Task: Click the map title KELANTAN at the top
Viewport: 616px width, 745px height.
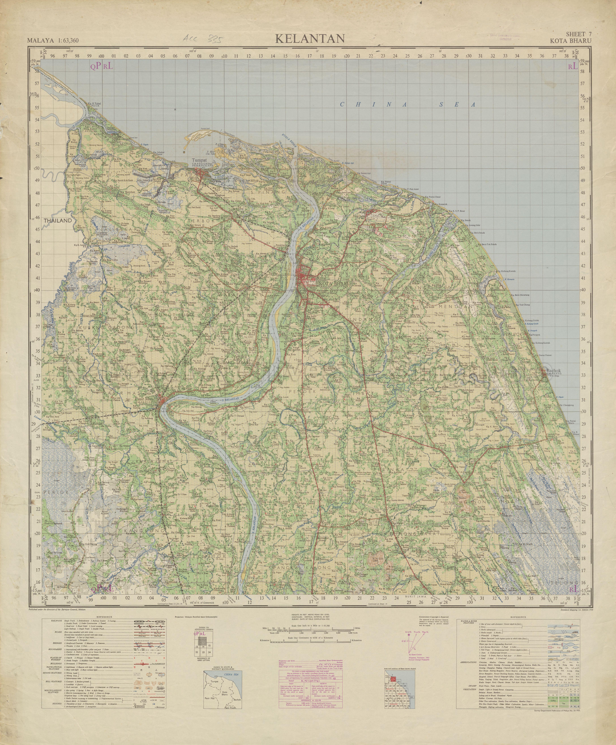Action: [310, 38]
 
